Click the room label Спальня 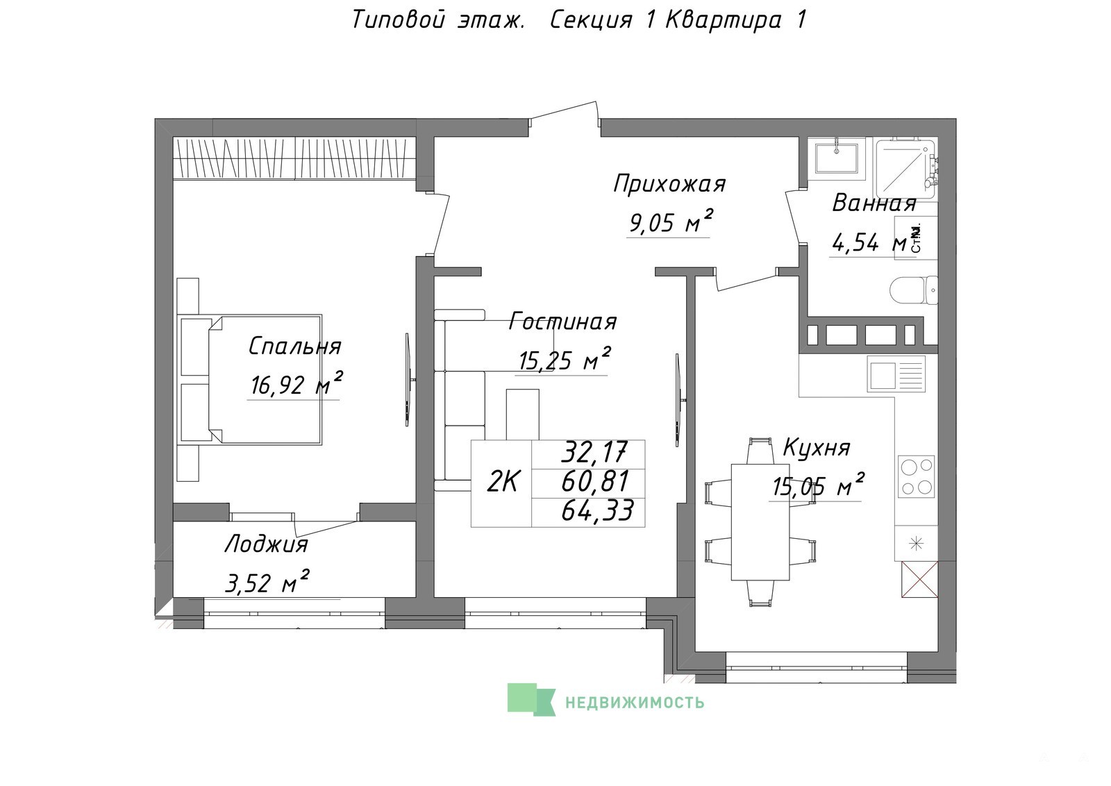pyautogui.click(x=294, y=346)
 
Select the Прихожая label pyautogui.click(x=669, y=184)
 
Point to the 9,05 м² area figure pyautogui.click(x=671, y=221)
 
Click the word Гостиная pyautogui.click(x=563, y=321)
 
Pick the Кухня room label pyautogui.click(x=817, y=447)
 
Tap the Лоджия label pyautogui.click(x=267, y=544)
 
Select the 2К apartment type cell pyautogui.click(x=503, y=481)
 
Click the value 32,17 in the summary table pyautogui.click(x=594, y=451)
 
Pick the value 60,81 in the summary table pyautogui.click(x=594, y=480)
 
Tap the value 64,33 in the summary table pyautogui.click(x=597, y=510)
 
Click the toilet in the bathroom pyautogui.click(x=914, y=291)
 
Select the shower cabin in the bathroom pyautogui.click(x=905, y=169)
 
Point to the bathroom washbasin pyautogui.click(x=836, y=156)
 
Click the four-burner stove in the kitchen pyautogui.click(x=916, y=476)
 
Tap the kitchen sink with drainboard pyautogui.click(x=896, y=374)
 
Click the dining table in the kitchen pyautogui.click(x=760, y=521)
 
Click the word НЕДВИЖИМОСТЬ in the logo pyautogui.click(x=635, y=702)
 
